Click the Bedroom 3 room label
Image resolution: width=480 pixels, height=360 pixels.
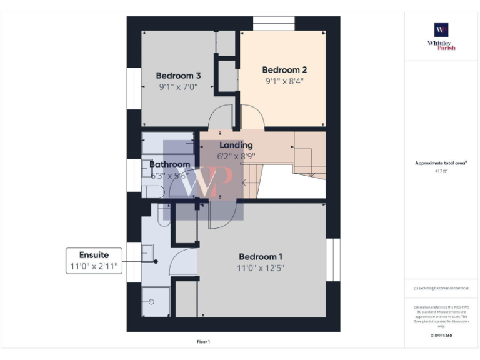(178, 76)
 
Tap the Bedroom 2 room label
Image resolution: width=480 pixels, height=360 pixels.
(284, 70)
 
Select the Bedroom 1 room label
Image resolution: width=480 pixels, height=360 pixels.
(261, 257)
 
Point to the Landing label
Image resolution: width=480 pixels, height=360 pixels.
(236, 145)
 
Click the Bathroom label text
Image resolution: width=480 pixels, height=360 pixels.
(169, 164)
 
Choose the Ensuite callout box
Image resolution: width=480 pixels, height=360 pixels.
(94, 261)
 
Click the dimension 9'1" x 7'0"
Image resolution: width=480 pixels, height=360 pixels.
(178, 87)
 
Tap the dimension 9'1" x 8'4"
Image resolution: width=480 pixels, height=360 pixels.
(284, 81)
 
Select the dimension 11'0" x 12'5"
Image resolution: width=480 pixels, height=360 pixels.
(261, 268)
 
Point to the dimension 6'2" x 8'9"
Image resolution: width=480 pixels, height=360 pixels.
(236, 156)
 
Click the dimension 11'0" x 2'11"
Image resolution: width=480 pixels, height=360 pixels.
(94, 267)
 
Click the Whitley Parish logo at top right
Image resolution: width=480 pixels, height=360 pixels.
(441, 36)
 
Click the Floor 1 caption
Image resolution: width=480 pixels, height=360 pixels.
(204, 342)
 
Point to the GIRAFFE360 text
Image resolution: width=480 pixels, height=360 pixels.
(441, 336)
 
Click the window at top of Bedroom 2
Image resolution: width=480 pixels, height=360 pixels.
(274, 23)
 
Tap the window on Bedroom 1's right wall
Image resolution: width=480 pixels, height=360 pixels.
(334, 259)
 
